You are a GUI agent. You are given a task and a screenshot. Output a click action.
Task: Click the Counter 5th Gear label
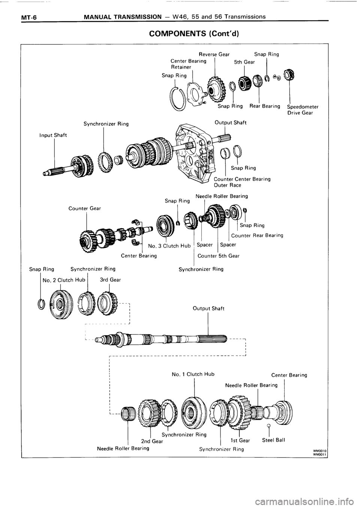pos(219,256)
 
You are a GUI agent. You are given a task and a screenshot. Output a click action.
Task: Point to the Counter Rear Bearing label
pos(257,236)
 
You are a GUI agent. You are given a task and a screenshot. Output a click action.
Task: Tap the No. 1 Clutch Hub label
pos(193,374)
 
